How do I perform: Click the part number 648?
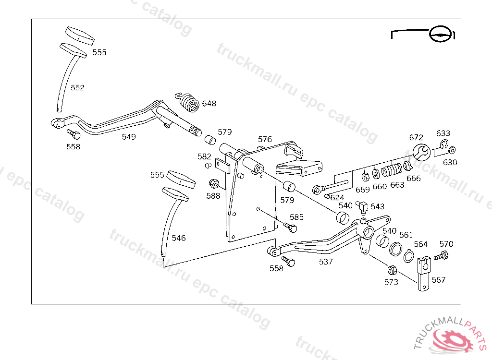[209, 103]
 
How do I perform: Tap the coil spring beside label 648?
[188, 101]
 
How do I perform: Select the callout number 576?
[265, 139]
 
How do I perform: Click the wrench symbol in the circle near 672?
[421, 153]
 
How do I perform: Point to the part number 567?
[438, 280]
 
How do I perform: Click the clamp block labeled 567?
[424, 273]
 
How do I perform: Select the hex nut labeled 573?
[392, 269]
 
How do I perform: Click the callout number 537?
[326, 262]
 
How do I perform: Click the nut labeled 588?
[214, 183]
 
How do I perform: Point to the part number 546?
[179, 238]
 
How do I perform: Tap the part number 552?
[77, 87]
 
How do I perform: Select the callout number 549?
[128, 137]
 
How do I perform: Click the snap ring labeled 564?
[408, 257]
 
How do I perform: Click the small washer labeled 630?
[452, 150]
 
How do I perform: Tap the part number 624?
[337, 197]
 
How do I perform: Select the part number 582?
[204, 156]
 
